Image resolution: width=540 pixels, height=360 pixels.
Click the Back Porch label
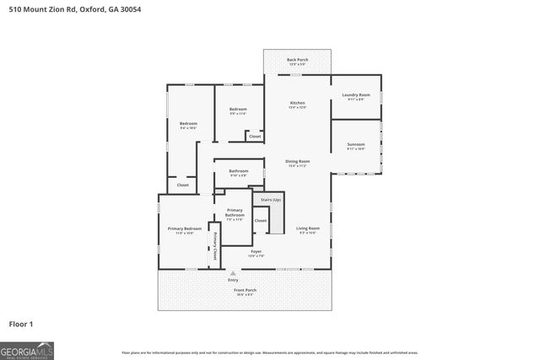(x=297, y=61)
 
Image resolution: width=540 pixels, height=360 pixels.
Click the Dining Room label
(x=297, y=163)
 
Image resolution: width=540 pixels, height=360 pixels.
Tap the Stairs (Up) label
(x=270, y=200)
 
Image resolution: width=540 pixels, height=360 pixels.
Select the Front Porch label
(x=245, y=292)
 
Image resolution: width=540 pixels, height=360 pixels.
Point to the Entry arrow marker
(x=233, y=272)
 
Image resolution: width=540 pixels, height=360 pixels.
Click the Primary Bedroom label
(x=184, y=230)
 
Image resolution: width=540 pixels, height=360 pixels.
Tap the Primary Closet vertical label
(x=214, y=244)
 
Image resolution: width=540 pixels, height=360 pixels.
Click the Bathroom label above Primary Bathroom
(x=238, y=173)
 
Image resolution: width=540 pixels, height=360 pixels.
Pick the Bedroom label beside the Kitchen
(x=238, y=111)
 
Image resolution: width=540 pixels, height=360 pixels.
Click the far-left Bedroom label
(x=187, y=126)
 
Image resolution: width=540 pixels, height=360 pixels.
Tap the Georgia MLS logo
(x=27, y=348)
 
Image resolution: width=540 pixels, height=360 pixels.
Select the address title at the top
(x=69, y=8)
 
